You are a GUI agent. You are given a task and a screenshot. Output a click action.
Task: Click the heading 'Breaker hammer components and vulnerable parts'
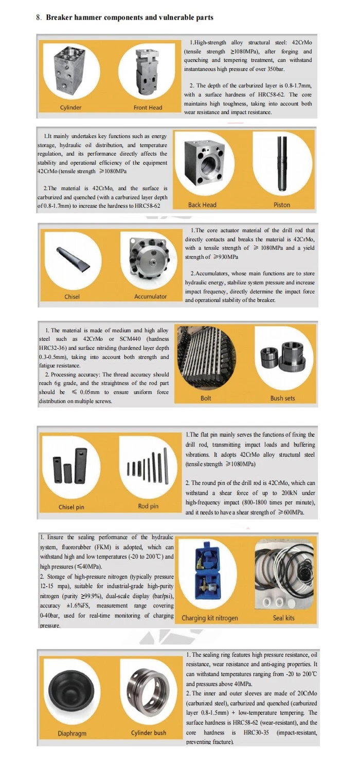pos(130,17)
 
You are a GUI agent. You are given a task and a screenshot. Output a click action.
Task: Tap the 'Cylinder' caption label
pos(70,107)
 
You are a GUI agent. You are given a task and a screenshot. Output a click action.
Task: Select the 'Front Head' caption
pos(148,107)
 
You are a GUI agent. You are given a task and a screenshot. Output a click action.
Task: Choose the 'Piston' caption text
pos(282,205)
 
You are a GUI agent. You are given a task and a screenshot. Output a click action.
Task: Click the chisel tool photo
pos(73,259)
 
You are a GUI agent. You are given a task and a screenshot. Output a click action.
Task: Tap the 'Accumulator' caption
pos(151,297)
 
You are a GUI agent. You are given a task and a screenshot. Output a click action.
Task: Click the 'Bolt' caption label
pos(206,398)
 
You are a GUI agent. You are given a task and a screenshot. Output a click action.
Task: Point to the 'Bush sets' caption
pos(282,398)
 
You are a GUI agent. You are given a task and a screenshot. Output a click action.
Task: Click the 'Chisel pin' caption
pos(71,507)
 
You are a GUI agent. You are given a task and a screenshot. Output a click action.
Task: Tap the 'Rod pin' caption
pos(148,506)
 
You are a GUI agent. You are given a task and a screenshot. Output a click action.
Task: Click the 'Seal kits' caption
pos(283,618)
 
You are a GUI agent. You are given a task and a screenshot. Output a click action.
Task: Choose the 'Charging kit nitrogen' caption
pos(210,618)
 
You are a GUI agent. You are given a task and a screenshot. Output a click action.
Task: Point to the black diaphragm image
pos(70,685)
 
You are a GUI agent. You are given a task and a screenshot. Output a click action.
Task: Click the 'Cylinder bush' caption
pos(149,733)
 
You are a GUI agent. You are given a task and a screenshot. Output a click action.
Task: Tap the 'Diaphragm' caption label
pos(72,733)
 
